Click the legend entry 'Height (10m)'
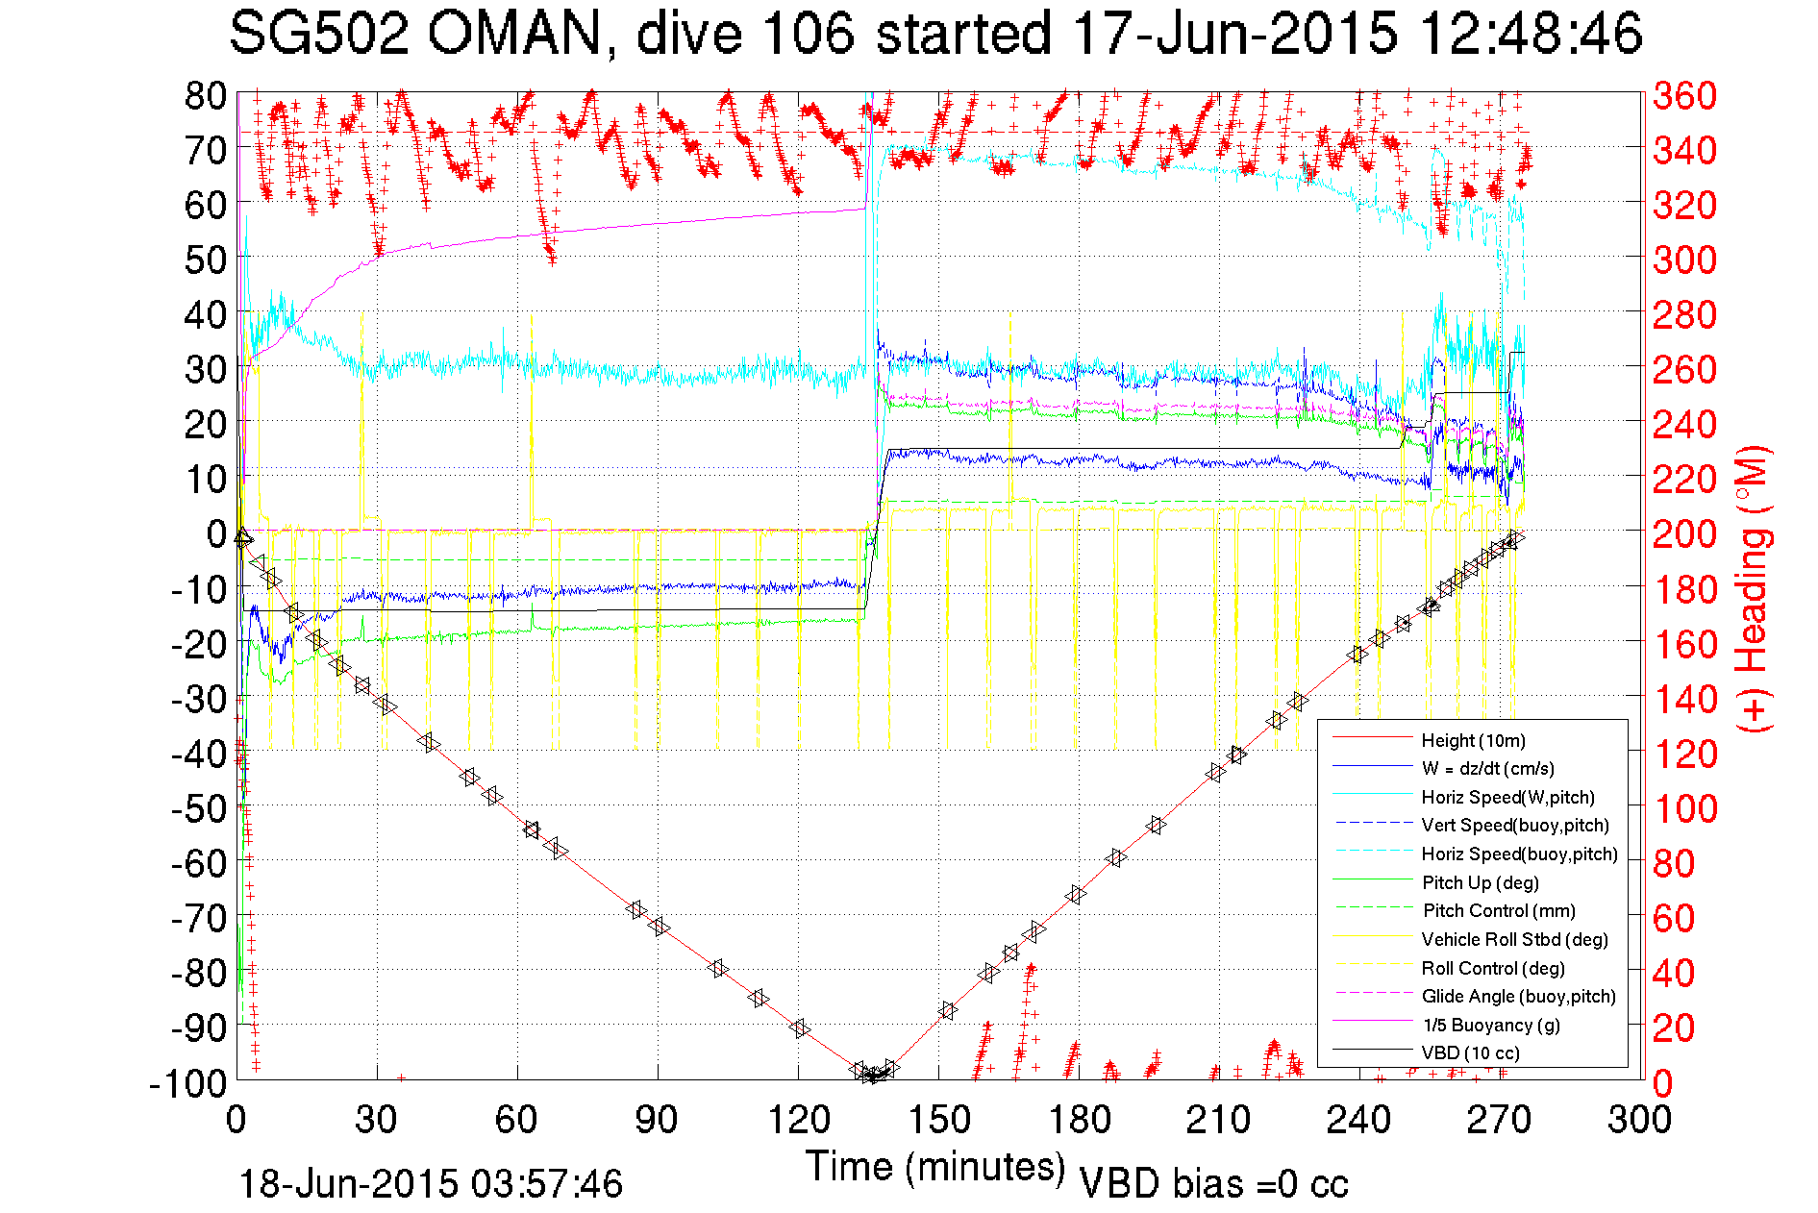point(1473,740)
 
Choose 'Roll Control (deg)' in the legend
point(1493,968)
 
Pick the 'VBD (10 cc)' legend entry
point(1470,1052)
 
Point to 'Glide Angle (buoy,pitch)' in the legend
point(1518,996)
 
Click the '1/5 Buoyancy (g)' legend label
point(1490,1025)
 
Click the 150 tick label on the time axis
point(939,1120)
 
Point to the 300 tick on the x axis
point(1639,1120)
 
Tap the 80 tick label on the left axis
point(205,96)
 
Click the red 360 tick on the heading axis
point(1684,96)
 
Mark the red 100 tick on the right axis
point(1684,808)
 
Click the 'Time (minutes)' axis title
point(935,1167)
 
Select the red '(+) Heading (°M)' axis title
point(1754,588)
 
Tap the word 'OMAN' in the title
point(514,35)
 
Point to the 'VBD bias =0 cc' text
point(1213,1183)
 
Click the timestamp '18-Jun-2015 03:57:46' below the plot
point(431,1183)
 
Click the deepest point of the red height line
point(873,1076)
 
